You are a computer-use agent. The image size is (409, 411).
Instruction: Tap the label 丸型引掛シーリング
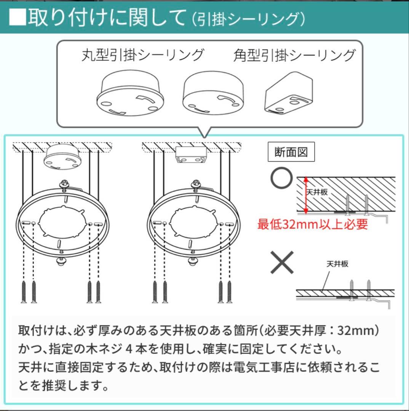(143, 55)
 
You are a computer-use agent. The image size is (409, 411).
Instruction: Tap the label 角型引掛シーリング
(294, 55)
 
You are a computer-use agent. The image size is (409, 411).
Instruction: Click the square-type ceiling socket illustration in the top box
(289, 94)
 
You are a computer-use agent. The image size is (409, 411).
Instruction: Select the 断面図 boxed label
(291, 152)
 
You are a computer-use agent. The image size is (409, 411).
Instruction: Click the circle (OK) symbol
(282, 178)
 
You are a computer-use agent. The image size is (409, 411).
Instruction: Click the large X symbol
(282, 262)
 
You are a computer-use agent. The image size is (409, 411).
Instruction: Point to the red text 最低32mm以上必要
(312, 224)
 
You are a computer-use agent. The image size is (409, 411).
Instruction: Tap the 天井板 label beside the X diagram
(337, 263)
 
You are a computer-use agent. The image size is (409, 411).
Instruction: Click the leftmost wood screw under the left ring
(24, 292)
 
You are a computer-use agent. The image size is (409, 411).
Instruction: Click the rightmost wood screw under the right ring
(230, 292)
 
